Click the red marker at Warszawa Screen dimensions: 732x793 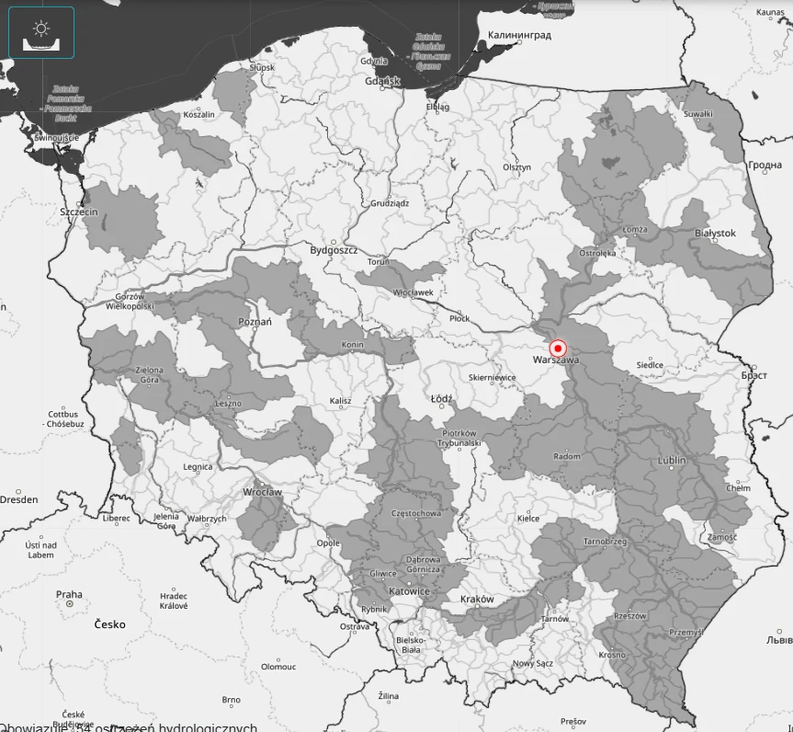click(x=558, y=349)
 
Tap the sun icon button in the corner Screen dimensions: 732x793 click(x=41, y=33)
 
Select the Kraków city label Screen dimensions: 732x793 click(x=477, y=600)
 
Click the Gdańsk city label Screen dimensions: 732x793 click(x=382, y=81)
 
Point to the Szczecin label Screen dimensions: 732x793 click(x=79, y=212)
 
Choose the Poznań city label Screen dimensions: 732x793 click(x=255, y=322)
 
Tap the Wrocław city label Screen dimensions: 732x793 click(x=263, y=492)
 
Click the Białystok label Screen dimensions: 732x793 click(x=715, y=234)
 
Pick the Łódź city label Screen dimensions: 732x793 click(x=442, y=399)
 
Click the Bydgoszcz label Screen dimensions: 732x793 click(x=334, y=250)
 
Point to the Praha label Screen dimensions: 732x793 click(x=69, y=595)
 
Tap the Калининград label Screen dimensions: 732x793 click(x=519, y=35)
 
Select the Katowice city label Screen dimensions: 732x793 click(x=409, y=591)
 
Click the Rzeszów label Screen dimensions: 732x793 click(x=630, y=616)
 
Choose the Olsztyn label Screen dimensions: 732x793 click(x=517, y=167)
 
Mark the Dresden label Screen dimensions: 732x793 click(x=19, y=500)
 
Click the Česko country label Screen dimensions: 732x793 click(x=109, y=624)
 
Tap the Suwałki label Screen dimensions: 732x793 click(x=698, y=114)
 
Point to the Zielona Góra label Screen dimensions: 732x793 click(x=149, y=375)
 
